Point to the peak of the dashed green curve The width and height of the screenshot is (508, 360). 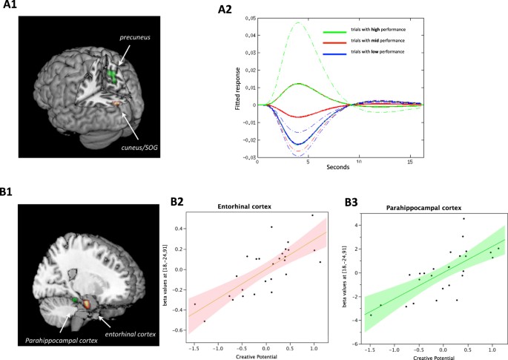298,23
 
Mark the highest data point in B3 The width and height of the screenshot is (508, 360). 464,218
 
